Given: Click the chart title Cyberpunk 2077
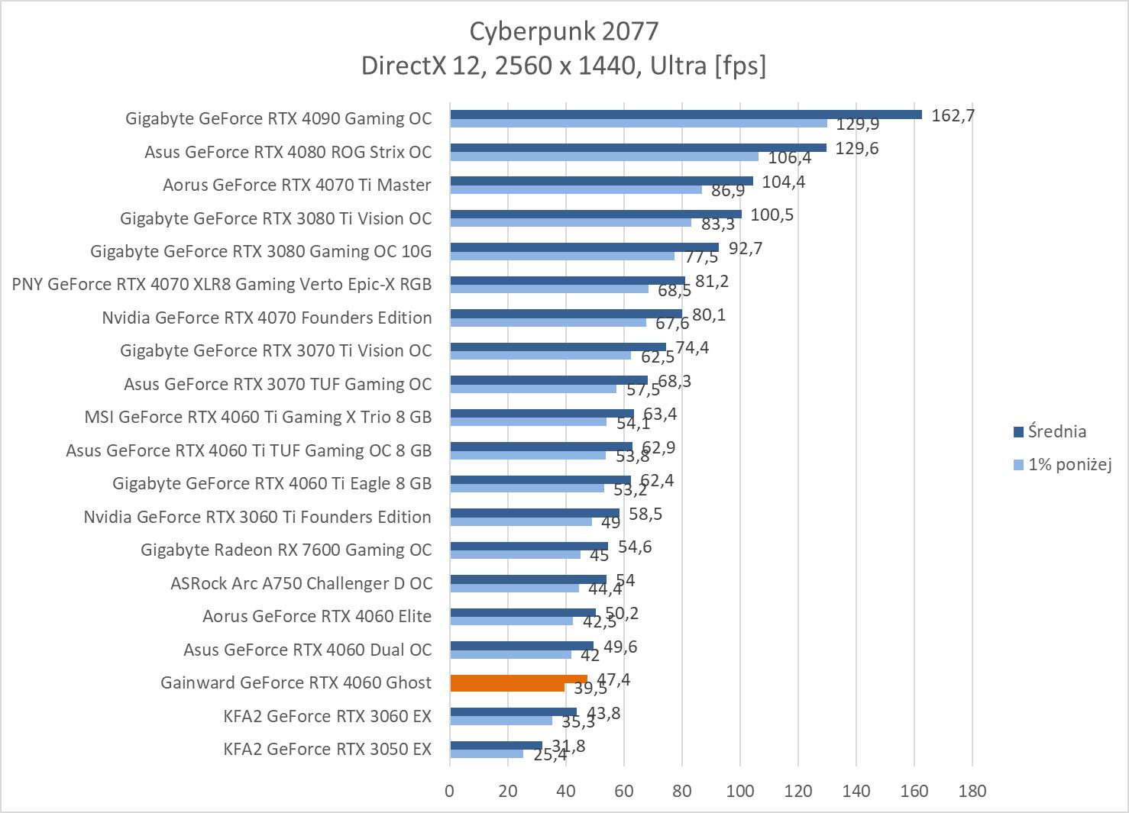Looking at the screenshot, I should (563, 31).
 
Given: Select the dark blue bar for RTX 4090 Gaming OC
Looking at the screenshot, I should (685, 115).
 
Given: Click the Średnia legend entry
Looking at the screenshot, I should (1056, 432).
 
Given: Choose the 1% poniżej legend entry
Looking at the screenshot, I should (1069, 464).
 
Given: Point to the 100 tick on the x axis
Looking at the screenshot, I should (739, 791).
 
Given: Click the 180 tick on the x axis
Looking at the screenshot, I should (972, 791).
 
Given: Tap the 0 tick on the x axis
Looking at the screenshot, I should (450, 791).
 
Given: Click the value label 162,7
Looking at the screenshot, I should (953, 115).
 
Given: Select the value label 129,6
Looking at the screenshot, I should (856, 148).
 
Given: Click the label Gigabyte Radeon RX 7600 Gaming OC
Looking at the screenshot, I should (286, 550).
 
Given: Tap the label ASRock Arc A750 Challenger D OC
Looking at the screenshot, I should (301, 584).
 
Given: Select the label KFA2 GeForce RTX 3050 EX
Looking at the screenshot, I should (327, 749).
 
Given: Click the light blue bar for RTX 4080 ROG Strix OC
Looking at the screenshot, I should (603, 156).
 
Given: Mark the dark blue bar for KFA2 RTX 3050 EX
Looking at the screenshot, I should (496, 745).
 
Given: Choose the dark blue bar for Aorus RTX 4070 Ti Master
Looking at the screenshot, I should (601, 181).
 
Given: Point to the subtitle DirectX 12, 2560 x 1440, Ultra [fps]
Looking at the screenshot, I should (563, 66).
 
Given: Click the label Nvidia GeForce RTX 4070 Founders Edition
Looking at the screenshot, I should (267, 318).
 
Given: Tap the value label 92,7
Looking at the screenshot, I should (746, 248).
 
